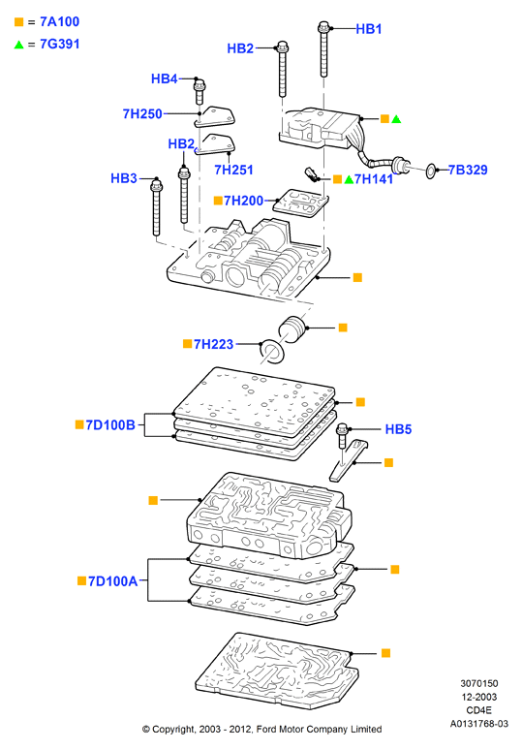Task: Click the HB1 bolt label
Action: click(x=369, y=29)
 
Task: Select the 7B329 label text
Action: click(x=468, y=170)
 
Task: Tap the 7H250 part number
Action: click(x=142, y=113)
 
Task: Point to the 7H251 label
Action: click(x=233, y=170)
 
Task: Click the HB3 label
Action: click(x=124, y=178)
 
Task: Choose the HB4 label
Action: click(x=165, y=78)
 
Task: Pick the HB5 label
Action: click(x=398, y=429)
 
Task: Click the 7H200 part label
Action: click(x=243, y=201)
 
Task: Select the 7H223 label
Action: click(x=213, y=344)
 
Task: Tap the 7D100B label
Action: click(x=110, y=424)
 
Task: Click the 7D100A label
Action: click(x=112, y=581)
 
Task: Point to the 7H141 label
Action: click(x=374, y=179)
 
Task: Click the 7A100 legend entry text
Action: click(x=60, y=21)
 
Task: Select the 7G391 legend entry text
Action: click(x=60, y=44)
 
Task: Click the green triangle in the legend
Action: click(x=18, y=45)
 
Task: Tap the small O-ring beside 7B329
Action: click(x=430, y=171)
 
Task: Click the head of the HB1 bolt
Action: click(x=323, y=26)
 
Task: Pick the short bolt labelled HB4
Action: click(x=199, y=92)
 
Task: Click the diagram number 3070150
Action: click(x=479, y=683)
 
